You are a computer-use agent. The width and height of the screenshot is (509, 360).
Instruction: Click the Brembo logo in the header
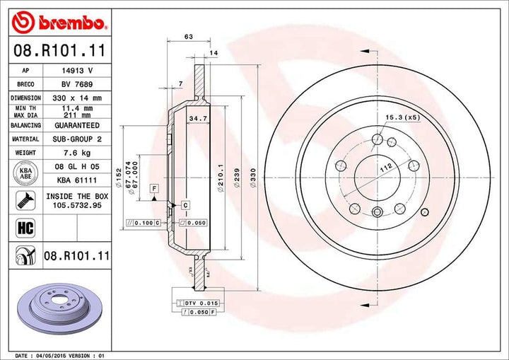point(59,23)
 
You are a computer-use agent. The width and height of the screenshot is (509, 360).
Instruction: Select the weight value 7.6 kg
point(77,153)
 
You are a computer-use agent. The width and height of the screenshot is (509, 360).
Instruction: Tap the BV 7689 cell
point(77,84)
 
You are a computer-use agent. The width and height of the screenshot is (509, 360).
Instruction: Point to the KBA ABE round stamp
point(25,173)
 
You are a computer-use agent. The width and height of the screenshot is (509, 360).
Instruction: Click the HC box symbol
point(25,228)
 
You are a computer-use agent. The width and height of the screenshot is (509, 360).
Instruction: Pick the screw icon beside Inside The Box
point(25,200)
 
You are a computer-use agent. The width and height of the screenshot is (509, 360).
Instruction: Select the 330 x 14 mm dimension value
point(77,98)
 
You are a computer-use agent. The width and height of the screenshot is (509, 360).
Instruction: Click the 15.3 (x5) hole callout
point(402,117)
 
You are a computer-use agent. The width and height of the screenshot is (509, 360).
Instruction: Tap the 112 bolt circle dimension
point(386,168)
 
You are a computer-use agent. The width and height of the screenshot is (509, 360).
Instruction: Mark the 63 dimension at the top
point(189,37)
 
